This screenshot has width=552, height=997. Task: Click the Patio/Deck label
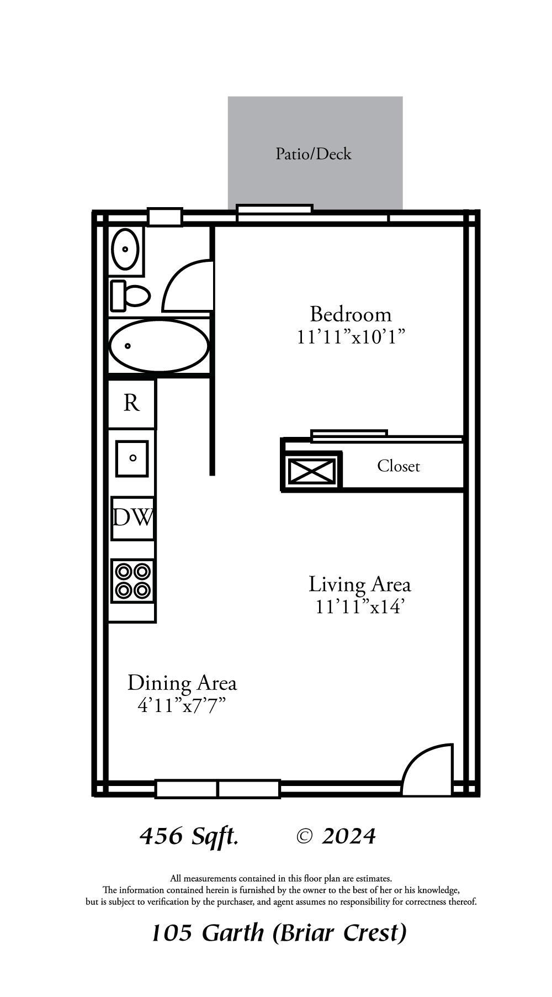coord(313,154)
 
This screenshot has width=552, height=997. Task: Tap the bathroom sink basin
coord(125,249)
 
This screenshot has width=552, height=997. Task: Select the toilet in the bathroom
coord(131,296)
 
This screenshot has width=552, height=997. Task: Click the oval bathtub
coord(159,346)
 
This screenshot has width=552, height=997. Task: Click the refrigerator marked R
coord(131,403)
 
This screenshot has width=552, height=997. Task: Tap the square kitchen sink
coord(132,458)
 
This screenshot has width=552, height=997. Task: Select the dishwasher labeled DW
coord(132,518)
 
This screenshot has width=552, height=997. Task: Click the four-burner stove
coord(132,581)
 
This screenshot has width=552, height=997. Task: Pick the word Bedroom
coord(351,314)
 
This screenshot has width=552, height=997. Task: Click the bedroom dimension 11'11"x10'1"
coord(351,337)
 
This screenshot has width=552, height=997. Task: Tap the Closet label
coord(399,466)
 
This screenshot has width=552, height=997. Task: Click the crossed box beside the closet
coord(312,471)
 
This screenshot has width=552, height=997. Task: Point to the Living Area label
coord(359,584)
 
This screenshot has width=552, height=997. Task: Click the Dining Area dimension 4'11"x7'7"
coord(182,705)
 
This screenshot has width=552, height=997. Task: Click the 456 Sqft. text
coord(189,836)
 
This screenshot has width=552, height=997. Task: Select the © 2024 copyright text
coord(336,836)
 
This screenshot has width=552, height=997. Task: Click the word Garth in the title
coord(233,933)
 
